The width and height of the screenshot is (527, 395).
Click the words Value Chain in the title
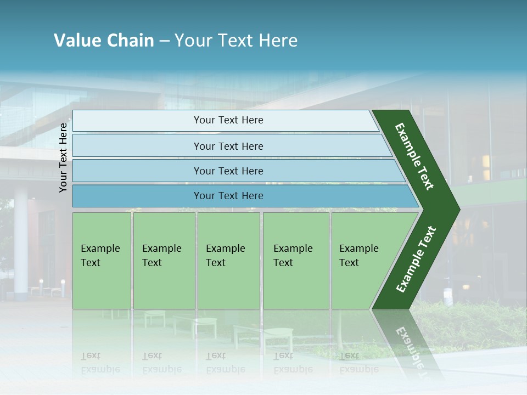(x=104, y=41)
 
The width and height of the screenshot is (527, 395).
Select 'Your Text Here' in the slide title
(x=236, y=41)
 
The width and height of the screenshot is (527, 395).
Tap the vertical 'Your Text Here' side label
(x=63, y=157)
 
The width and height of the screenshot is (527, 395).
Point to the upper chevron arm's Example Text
(x=414, y=156)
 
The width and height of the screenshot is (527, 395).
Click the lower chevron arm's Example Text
(x=416, y=259)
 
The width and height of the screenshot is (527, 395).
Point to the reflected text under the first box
(x=100, y=363)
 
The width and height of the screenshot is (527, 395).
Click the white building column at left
(x=21, y=241)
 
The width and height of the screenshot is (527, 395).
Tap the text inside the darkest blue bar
(x=228, y=196)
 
